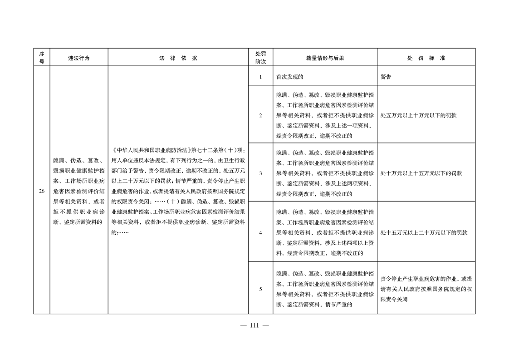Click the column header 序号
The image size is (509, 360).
(x=41, y=58)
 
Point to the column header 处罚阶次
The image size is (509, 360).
(x=260, y=58)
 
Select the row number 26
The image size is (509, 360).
(x=41, y=191)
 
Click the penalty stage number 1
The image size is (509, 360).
(x=260, y=77)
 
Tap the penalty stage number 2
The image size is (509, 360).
(x=260, y=115)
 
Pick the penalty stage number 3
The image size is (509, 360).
(x=260, y=173)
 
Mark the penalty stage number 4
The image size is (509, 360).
(x=260, y=233)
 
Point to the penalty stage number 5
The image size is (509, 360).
(x=260, y=289)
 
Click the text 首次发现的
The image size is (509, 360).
(x=289, y=77)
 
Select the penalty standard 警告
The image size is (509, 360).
(x=386, y=77)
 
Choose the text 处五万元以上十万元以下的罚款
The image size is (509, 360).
(x=418, y=115)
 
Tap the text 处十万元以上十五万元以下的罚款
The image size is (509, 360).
(x=421, y=173)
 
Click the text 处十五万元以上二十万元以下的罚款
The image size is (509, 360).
(x=424, y=233)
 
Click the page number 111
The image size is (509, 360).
(x=254, y=325)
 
